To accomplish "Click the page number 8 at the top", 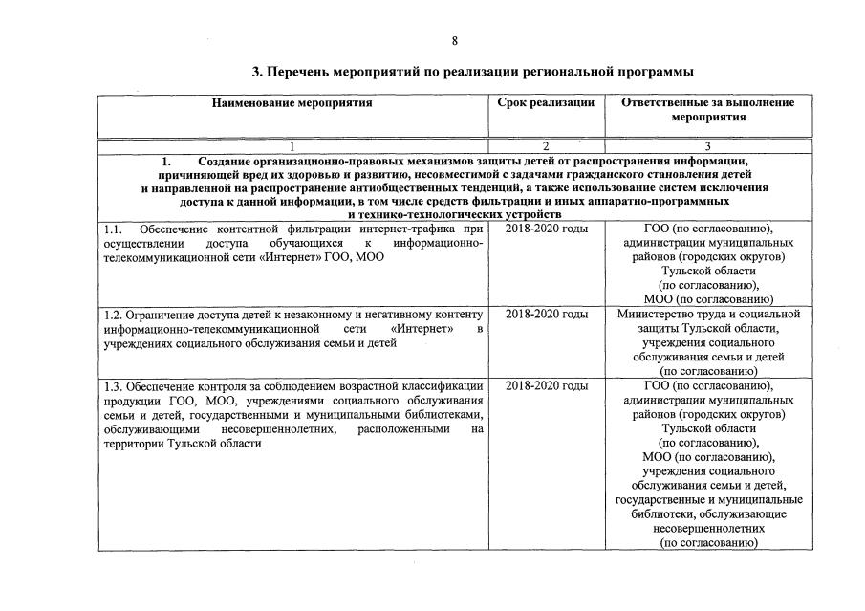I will [455, 40].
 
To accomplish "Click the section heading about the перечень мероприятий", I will [471, 72].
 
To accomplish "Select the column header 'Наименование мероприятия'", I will [292, 102].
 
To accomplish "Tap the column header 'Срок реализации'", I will [546, 102].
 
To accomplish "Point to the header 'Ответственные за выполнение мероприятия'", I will [707, 109].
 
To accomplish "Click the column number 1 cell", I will [292, 146].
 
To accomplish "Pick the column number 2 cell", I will [546, 146].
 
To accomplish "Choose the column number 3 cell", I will [707, 146].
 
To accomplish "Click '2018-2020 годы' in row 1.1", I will [546, 229].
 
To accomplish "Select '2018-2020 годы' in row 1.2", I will [546, 315].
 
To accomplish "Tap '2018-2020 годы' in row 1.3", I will [546, 385].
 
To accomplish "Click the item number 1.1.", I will [113, 229].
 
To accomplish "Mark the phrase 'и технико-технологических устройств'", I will [455, 215].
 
